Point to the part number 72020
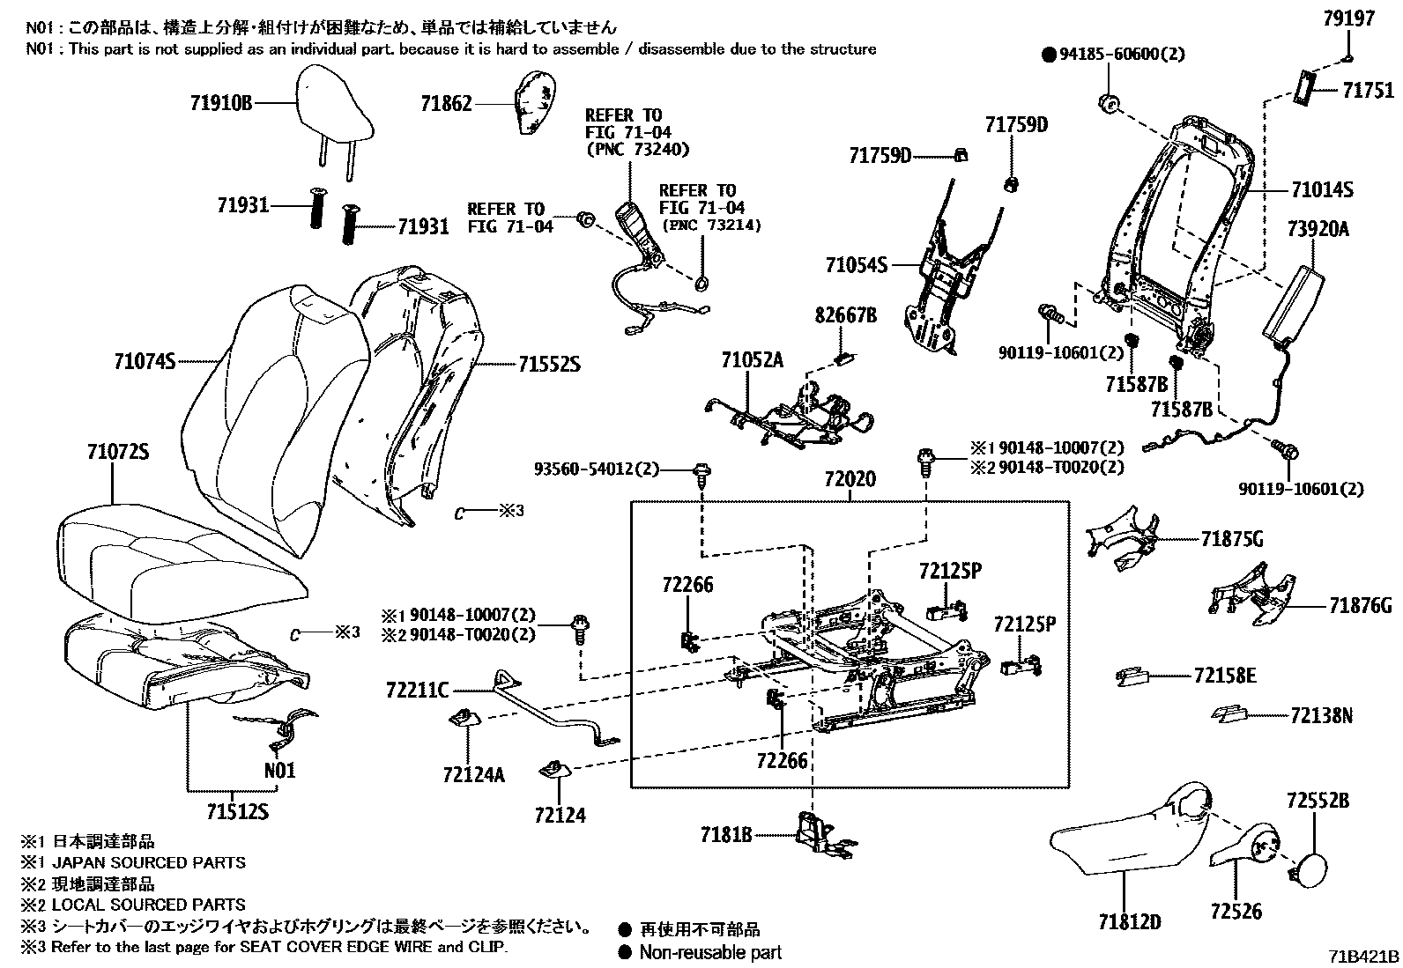(850, 480)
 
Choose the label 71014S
(1322, 189)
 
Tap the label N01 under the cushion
(280, 771)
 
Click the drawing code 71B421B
(1364, 957)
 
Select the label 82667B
(845, 314)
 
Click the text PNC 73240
(637, 150)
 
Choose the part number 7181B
(726, 833)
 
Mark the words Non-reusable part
(710, 952)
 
